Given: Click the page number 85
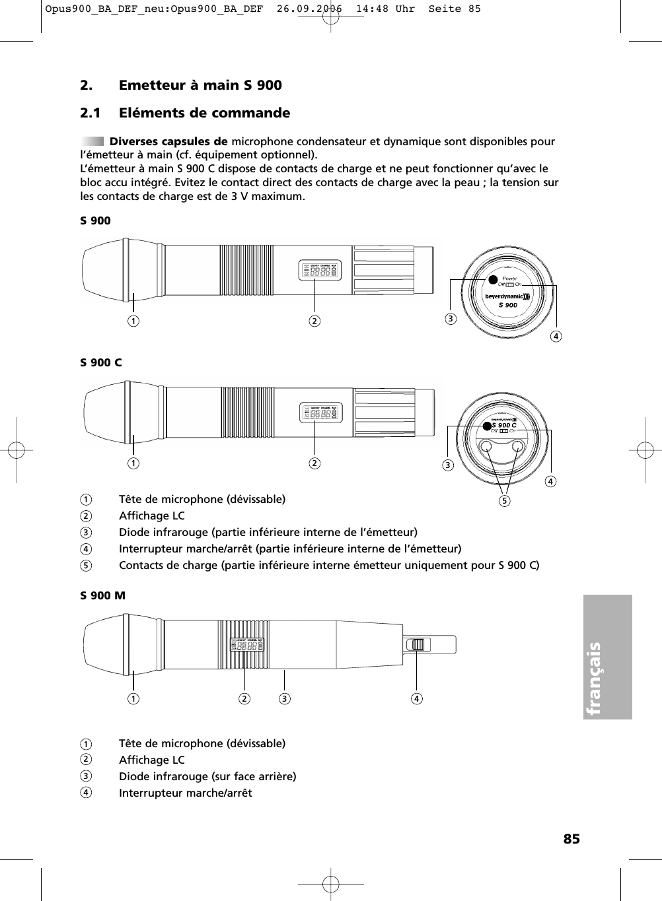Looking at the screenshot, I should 571,838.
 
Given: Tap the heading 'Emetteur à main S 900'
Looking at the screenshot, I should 200,85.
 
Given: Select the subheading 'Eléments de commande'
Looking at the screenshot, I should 204,113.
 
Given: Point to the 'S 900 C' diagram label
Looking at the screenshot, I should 101,362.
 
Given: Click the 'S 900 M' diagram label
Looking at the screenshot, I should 102,595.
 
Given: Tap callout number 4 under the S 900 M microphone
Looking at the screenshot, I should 417,698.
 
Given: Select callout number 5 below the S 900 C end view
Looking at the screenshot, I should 505,500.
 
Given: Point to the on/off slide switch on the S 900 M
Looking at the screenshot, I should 416,644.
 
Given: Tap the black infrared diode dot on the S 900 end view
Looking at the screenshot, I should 492,280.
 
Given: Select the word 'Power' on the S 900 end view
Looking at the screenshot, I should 509,279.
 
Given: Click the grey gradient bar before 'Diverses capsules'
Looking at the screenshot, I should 92,141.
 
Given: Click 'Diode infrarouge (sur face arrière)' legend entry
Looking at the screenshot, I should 207,776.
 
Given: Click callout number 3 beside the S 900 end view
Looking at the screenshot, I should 450,319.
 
